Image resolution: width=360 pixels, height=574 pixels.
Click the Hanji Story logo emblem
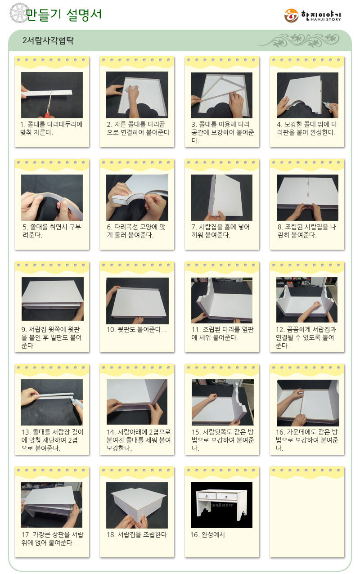(291, 16)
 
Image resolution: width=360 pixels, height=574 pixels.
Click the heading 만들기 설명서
(63, 14)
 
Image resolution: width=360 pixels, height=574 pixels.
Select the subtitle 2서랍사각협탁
(48, 40)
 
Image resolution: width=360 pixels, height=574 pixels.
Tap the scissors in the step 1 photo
(49, 105)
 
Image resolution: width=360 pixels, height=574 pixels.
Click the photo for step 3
(221, 95)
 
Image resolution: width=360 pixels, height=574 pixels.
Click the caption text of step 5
(52, 231)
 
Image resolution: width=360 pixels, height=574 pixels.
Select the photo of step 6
(137, 197)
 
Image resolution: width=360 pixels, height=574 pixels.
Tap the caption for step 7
(220, 231)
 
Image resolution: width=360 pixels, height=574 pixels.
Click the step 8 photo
(307, 197)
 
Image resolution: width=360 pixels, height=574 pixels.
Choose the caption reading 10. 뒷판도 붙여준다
(136, 330)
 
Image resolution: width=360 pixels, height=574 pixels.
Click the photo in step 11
(222, 300)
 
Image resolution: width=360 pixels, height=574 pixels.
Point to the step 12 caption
(306, 337)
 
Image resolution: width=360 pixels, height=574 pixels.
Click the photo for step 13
(52, 402)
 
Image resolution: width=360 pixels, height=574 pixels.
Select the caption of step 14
(139, 440)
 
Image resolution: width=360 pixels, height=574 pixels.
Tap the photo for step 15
(223, 402)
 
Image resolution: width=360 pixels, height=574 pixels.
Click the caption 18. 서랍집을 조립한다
(138, 534)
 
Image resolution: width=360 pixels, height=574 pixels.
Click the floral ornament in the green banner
(299, 40)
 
